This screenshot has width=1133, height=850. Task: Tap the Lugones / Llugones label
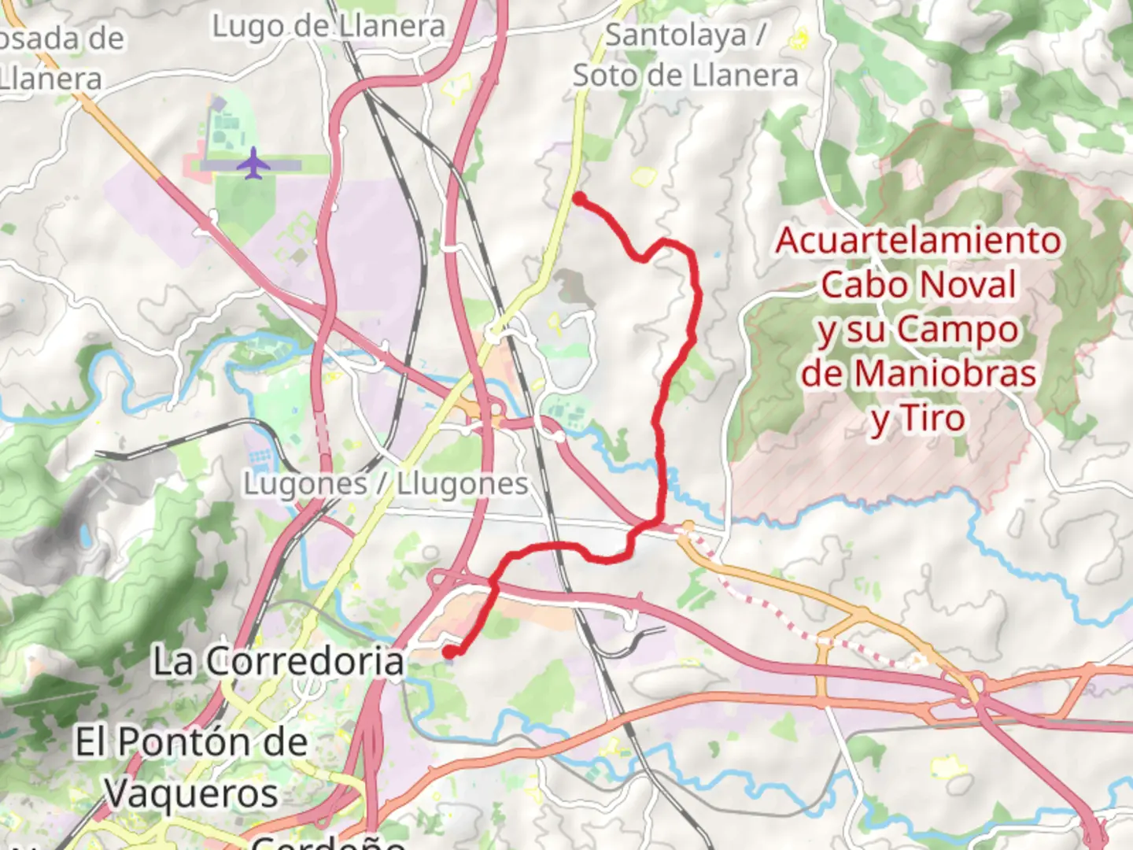(x=385, y=484)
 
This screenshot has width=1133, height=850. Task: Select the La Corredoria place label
(x=278, y=661)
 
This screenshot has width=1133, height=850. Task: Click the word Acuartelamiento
(x=917, y=240)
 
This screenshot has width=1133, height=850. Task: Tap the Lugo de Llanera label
(x=328, y=27)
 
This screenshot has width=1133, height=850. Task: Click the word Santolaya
(x=675, y=35)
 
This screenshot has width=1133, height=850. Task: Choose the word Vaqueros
(x=192, y=793)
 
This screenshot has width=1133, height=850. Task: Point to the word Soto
(x=604, y=76)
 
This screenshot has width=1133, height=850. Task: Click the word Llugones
(x=462, y=484)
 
